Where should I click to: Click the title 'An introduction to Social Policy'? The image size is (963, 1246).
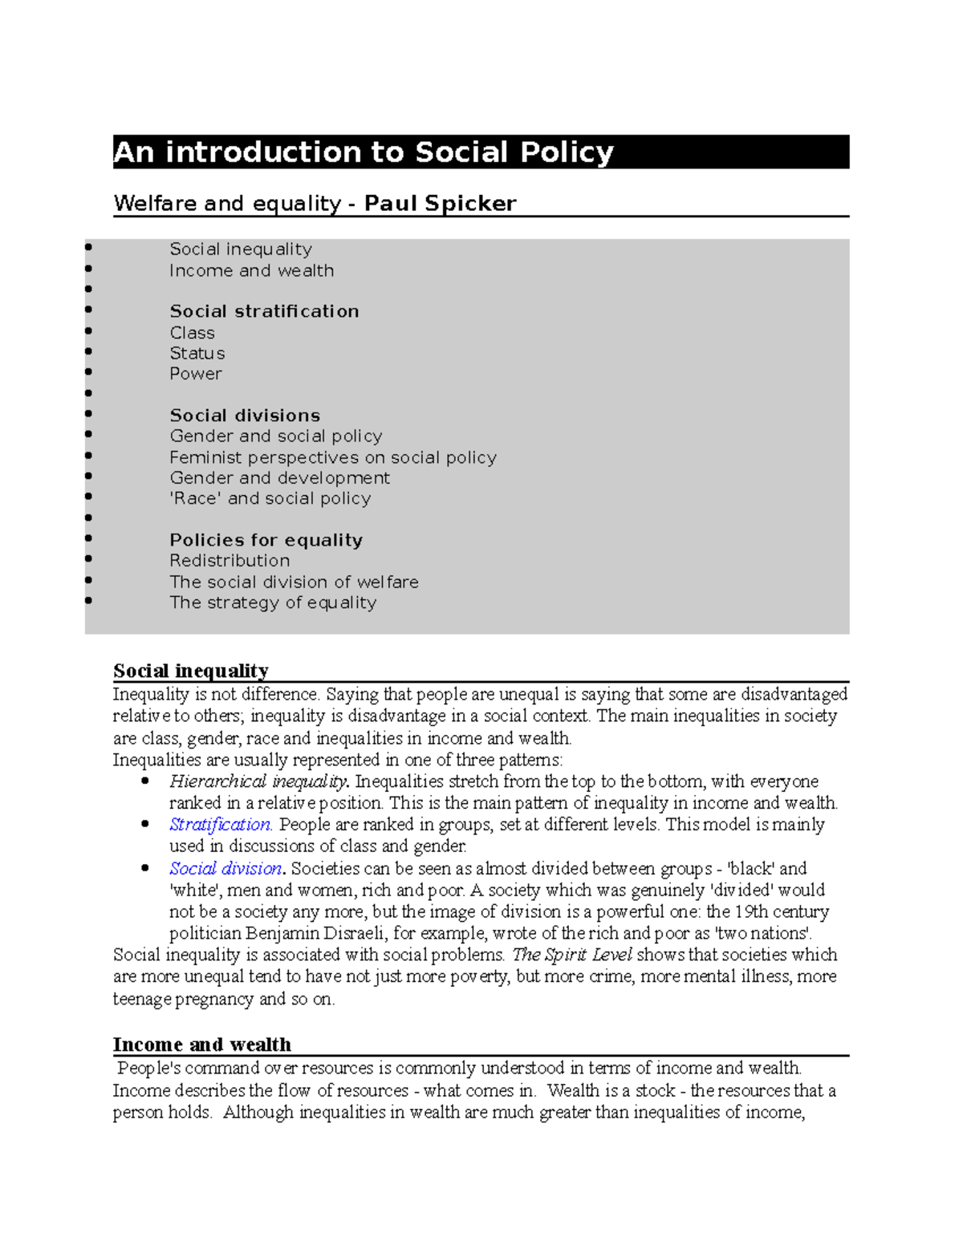tap(364, 152)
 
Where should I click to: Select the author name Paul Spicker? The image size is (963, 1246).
tap(440, 203)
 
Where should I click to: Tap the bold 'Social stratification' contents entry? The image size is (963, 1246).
tap(264, 311)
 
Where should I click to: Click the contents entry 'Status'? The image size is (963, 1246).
tap(197, 353)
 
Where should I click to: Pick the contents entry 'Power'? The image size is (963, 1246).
tap(196, 374)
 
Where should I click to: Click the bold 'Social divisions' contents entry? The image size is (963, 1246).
tap(245, 416)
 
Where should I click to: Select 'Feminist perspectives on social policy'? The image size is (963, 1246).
tap(333, 457)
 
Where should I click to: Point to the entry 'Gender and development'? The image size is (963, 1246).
tap(279, 478)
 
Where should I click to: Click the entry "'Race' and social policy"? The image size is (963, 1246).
tap(270, 498)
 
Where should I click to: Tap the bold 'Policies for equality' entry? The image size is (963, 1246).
tap(266, 540)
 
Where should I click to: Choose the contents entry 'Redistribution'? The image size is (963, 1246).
tap(230, 561)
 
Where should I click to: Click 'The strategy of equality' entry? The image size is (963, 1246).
tap(273, 603)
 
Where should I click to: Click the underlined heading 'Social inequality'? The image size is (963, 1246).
tap(191, 671)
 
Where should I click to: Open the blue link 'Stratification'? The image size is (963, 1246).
tap(220, 825)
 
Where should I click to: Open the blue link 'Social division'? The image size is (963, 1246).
tap(225, 869)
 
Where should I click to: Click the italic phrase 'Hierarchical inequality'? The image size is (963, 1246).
tap(258, 781)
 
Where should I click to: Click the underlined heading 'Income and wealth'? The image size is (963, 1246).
tap(202, 1045)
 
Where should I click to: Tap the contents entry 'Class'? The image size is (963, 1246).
tap(192, 333)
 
